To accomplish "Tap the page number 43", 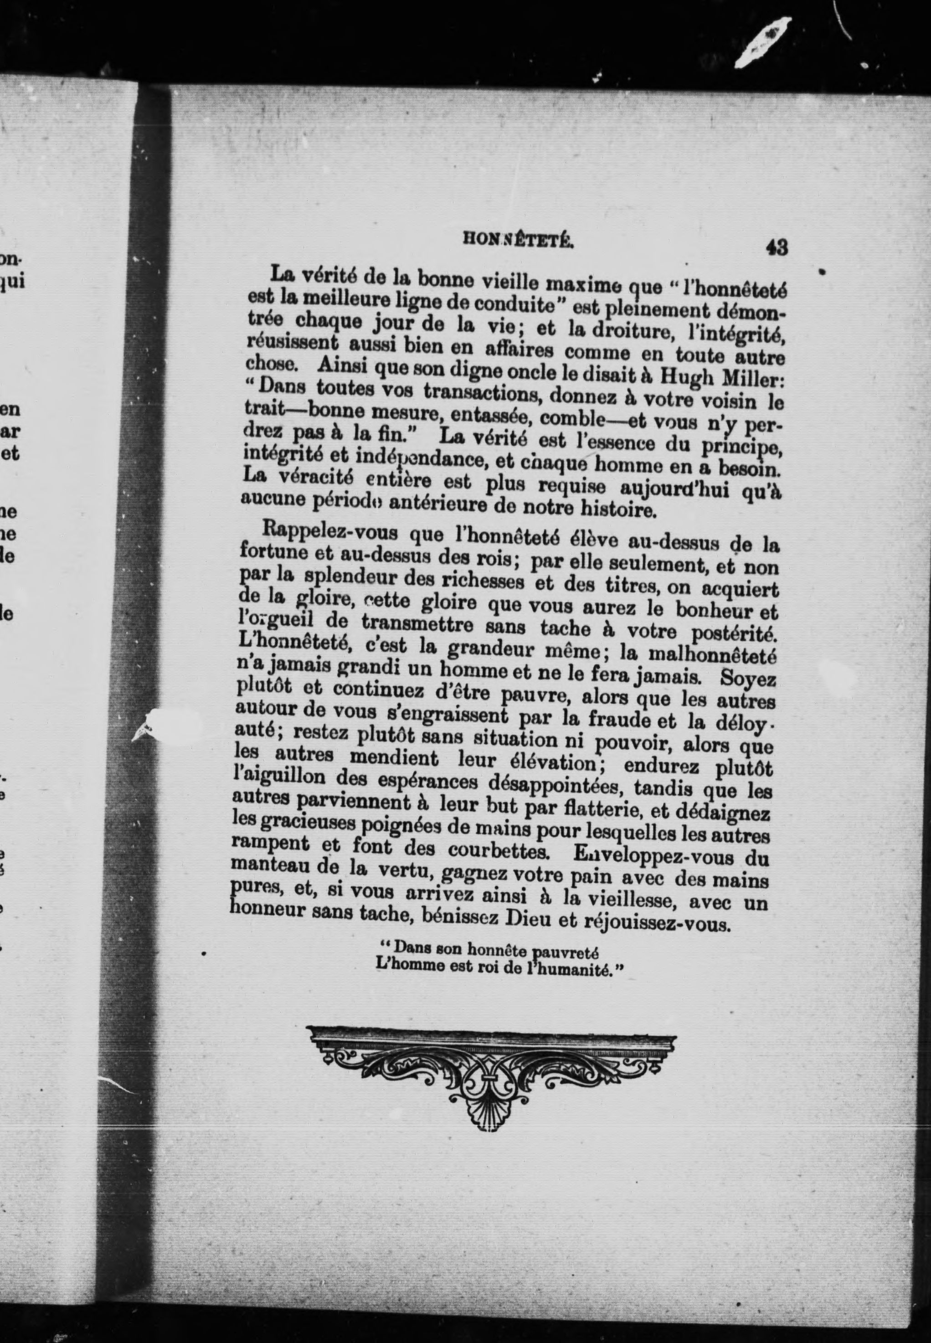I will click(777, 248).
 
